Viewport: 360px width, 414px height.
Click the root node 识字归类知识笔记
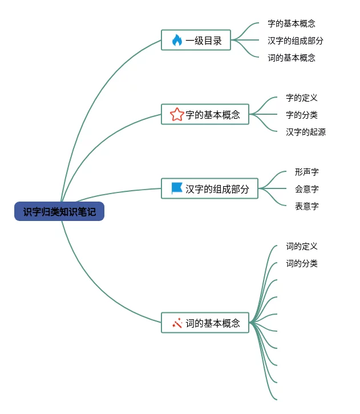[x=59, y=212]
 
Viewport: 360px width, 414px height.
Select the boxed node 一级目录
[x=196, y=41]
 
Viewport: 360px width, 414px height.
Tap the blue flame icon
[x=177, y=41]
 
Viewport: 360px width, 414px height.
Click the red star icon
[x=177, y=115]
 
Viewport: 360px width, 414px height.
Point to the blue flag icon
[x=177, y=188]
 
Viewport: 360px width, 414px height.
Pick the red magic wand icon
[x=177, y=323]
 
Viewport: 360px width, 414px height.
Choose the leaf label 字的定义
[x=302, y=98]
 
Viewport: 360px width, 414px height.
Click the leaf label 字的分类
[x=302, y=115]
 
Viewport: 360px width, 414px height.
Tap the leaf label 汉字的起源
[x=306, y=132]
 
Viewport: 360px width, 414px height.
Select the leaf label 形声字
[x=307, y=172]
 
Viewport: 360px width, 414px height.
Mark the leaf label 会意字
[x=307, y=189]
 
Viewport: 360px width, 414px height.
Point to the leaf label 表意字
[x=307, y=206]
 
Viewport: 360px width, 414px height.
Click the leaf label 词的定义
[x=302, y=247]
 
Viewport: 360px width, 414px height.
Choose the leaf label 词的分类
[x=302, y=264]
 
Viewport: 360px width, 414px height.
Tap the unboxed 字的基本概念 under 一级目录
[x=292, y=24]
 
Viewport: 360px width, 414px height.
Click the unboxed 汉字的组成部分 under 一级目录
[x=296, y=41]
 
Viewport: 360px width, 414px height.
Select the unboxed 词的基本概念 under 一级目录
[x=292, y=58]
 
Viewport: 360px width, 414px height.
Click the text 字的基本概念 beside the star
[x=213, y=115]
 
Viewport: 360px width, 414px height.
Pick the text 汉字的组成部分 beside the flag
[x=217, y=189]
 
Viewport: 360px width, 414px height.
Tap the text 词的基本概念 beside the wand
[x=213, y=323]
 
